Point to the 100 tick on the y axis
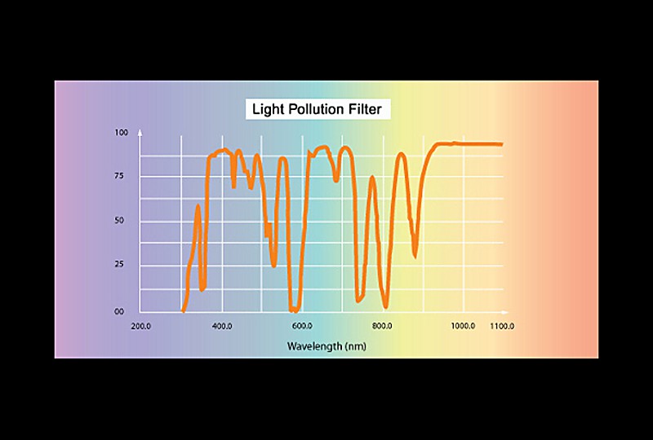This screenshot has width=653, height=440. (x=121, y=133)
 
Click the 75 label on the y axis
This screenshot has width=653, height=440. (x=121, y=177)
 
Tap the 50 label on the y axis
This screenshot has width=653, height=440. (x=121, y=221)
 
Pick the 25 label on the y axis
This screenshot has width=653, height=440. (x=121, y=266)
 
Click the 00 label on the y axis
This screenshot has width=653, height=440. (x=121, y=311)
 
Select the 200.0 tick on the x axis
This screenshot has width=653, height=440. (x=140, y=327)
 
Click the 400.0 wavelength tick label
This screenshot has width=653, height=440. (x=222, y=327)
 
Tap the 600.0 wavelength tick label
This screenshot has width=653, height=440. (x=302, y=327)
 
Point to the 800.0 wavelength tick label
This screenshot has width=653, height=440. (x=382, y=327)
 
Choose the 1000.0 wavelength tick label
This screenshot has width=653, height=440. (x=462, y=327)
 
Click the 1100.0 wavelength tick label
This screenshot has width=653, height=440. (x=501, y=327)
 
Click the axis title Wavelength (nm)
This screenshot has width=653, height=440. (x=326, y=346)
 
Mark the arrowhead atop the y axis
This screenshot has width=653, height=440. (x=140, y=130)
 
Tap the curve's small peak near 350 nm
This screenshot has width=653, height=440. (x=198, y=206)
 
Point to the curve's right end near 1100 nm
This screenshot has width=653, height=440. (x=500, y=144)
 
